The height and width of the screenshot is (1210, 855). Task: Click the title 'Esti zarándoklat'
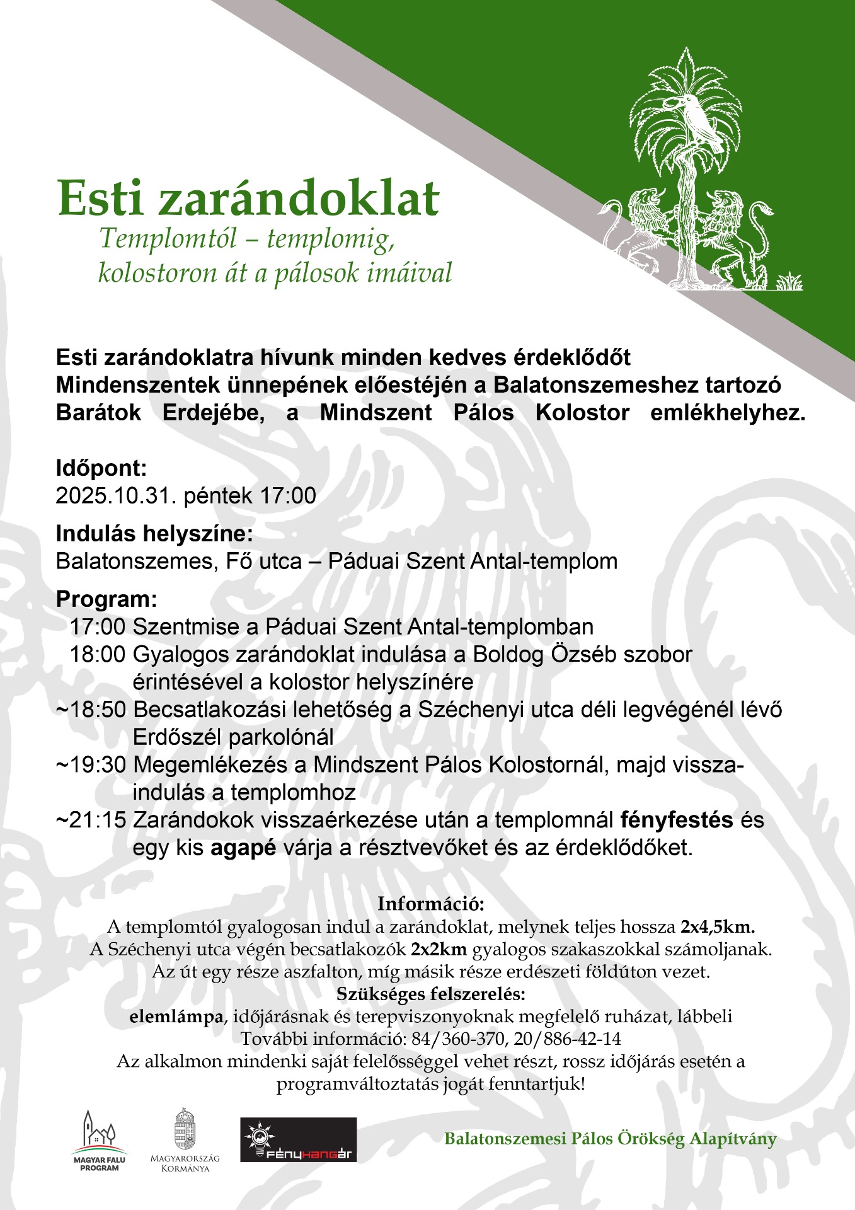tap(248, 199)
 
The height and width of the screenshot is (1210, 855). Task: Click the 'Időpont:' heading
tap(101, 468)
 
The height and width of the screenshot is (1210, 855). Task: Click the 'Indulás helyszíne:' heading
tap(154, 534)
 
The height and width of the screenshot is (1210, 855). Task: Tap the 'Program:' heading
tap(106, 599)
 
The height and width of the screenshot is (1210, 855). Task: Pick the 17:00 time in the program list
tap(97, 627)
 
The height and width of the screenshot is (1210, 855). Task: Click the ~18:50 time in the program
tap(91, 710)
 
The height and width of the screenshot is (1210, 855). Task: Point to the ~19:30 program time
tap(91, 765)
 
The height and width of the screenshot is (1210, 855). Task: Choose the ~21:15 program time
tap(91, 821)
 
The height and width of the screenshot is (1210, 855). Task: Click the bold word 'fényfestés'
tap(677, 821)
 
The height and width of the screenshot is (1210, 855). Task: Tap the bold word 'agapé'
tap(243, 848)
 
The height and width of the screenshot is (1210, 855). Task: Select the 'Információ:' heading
tap(431, 904)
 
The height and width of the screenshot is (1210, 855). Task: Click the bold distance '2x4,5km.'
tap(718, 927)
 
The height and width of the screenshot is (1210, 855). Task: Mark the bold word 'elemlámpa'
tap(176, 1017)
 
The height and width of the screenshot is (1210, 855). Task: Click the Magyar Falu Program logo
tap(99, 1141)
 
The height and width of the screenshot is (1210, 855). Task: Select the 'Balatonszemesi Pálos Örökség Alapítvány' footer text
tap(610, 1139)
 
